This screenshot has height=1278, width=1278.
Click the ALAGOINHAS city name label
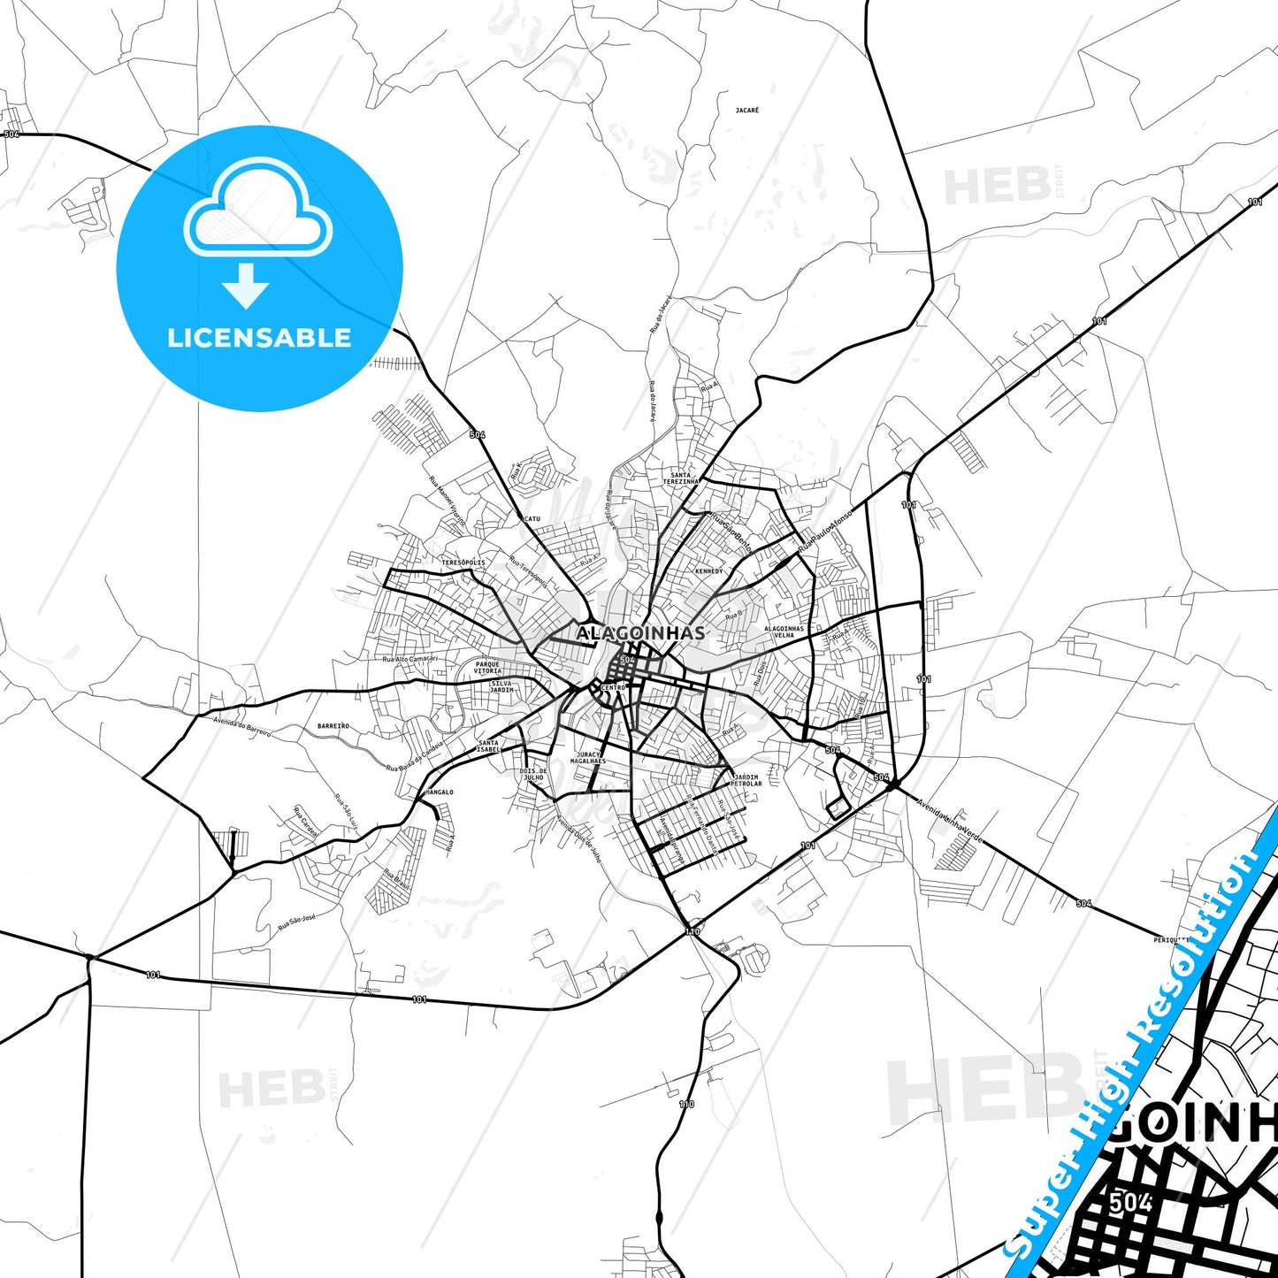pos(641,633)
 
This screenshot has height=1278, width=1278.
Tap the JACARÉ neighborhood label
pos(747,111)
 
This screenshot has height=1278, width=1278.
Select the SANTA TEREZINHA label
pos(681,478)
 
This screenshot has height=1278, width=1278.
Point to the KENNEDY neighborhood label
pos(708,571)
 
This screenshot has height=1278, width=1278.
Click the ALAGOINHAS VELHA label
pos(784,631)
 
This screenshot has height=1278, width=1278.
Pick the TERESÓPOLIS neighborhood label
pos(463,562)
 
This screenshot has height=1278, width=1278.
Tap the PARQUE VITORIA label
pos(487,668)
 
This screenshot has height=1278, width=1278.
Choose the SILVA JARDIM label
pos(501,686)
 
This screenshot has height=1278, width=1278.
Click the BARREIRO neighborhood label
pos(333,726)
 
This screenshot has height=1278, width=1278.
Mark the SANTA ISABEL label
pos(488,746)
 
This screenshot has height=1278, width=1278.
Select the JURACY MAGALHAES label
pos(588,758)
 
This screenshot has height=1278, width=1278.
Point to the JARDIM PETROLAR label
pos(746,780)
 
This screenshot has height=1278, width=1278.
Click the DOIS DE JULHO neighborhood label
pos(533,774)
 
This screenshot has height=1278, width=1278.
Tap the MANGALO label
pos(440,792)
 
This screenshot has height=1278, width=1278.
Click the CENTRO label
pos(613,687)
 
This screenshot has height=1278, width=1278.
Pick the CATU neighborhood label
pos(532,519)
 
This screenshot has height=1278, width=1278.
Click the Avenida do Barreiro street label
pos(241,727)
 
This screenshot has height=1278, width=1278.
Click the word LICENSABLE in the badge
pos(259,338)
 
